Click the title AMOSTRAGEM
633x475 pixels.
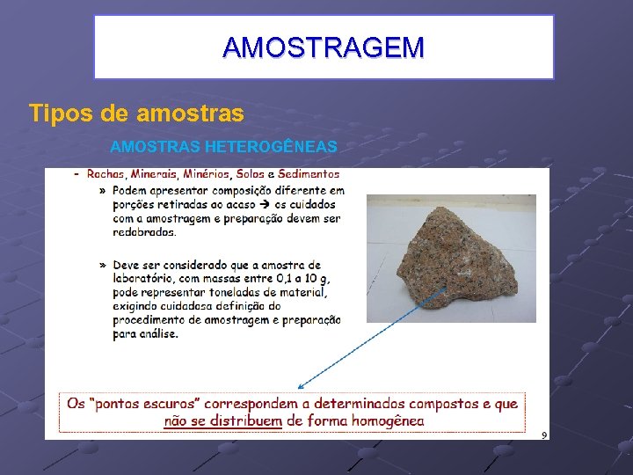[x=323, y=47]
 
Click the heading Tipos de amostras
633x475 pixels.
[x=136, y=113]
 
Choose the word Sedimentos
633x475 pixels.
[x=309, y=174]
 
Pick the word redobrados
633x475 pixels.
[x=144, y=232]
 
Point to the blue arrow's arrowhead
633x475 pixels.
[x=300, y=386]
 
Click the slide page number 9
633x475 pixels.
[x=544, y=435]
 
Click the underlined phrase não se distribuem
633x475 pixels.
[x=223, y=420]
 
